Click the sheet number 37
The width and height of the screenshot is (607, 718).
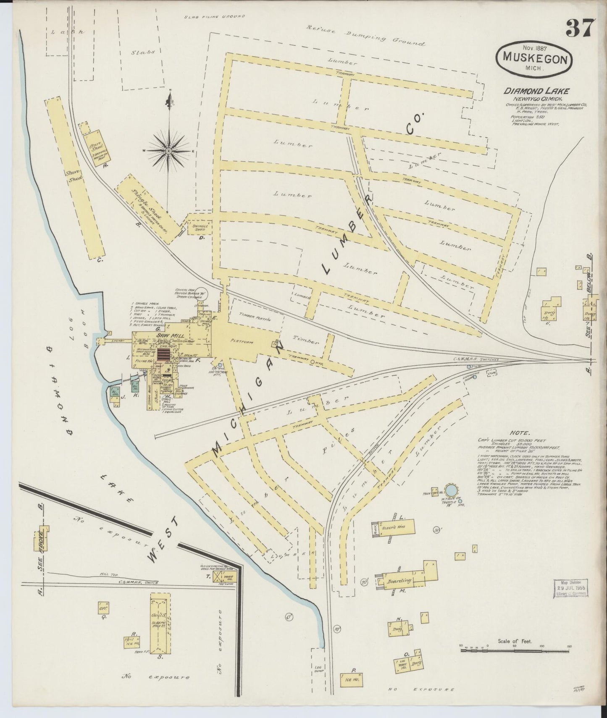tap(580, 28)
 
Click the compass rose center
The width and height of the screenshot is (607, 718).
tap(168, 150)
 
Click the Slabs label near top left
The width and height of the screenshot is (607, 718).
tap(143, 53)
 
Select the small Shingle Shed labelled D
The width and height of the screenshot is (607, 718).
tap(200, 228)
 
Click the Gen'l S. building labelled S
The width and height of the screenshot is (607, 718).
tap(160, 622)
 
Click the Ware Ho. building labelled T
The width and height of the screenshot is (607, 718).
tap(225, 576)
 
